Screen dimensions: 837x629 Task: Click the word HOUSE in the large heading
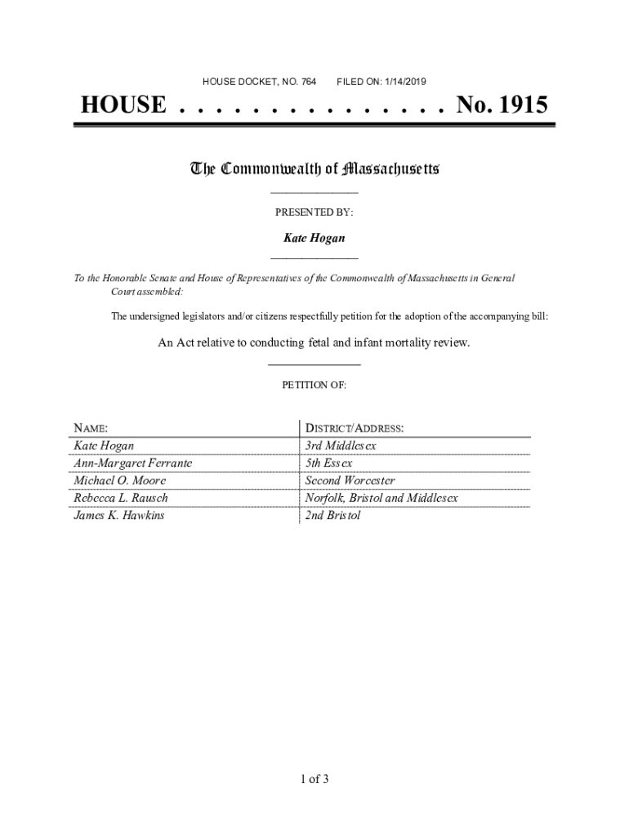123,105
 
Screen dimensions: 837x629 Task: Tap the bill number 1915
520,105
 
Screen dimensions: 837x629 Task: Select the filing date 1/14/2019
400,82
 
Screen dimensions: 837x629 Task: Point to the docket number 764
308,82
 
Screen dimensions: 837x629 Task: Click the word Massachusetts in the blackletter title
391,169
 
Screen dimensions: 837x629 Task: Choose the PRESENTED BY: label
314,212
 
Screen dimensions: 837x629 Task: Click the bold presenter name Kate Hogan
314,238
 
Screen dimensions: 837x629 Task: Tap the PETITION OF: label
314,384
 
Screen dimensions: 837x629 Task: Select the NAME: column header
91,428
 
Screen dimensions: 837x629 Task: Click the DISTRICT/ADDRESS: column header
354,428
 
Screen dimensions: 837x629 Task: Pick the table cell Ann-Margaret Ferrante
132,463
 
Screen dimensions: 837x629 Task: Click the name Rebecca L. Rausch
121,498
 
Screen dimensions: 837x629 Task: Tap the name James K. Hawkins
118,516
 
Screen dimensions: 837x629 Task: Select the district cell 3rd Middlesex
341,446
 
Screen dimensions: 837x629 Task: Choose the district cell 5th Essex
328,463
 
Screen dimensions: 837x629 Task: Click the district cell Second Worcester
350,481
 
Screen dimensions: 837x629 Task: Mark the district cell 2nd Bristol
332,516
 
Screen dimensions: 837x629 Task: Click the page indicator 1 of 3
314,779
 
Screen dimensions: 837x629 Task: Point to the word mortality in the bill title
399,342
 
